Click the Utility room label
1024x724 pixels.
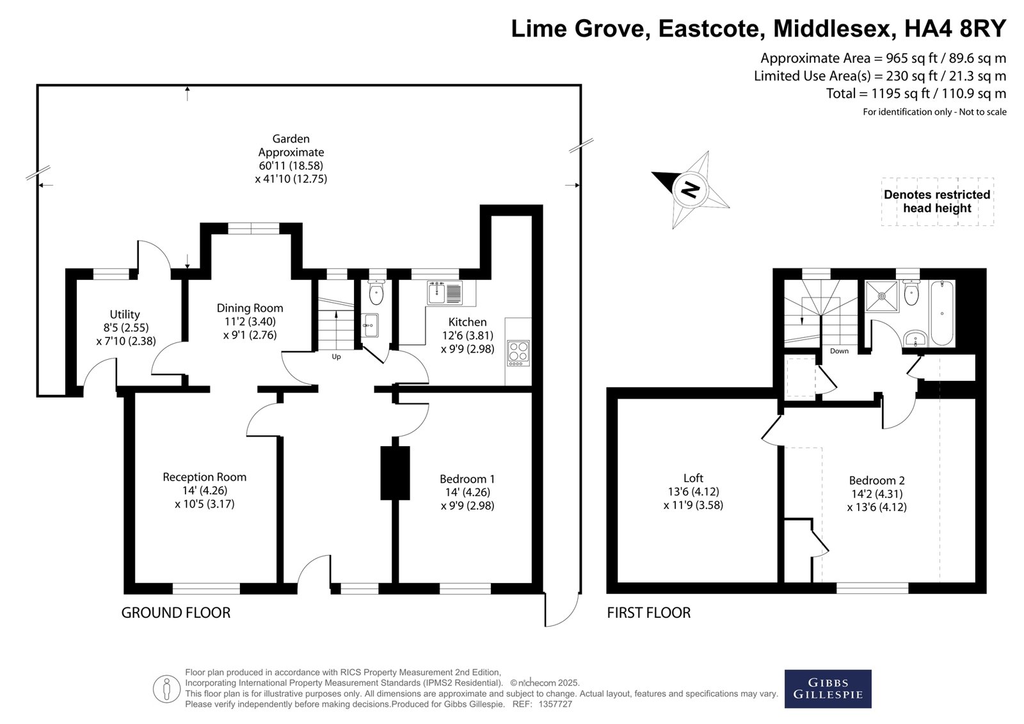(125, 315)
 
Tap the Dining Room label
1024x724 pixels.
(250, 308)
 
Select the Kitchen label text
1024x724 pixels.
(467, 321)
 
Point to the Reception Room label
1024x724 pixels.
(204, 477)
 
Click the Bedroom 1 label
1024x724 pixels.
(467, 479)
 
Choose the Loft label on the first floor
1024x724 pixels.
(693, 478)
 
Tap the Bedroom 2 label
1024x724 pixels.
(877, 480)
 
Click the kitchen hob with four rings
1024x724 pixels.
(518, 353)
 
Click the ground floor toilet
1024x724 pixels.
(376, 291)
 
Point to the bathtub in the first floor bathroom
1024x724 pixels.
(942, 313)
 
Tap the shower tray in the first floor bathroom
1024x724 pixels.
(882, 296)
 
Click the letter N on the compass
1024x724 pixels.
(691, 189)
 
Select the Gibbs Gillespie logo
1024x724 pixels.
(828, 689)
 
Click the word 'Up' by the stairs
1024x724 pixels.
(336, 357)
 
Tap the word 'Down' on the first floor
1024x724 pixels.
(839, 351)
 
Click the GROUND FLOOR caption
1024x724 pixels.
(175, 613)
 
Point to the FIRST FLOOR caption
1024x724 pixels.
(649, 613)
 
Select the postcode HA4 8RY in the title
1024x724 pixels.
(956, 28)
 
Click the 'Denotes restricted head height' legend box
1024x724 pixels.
(937, 202)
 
